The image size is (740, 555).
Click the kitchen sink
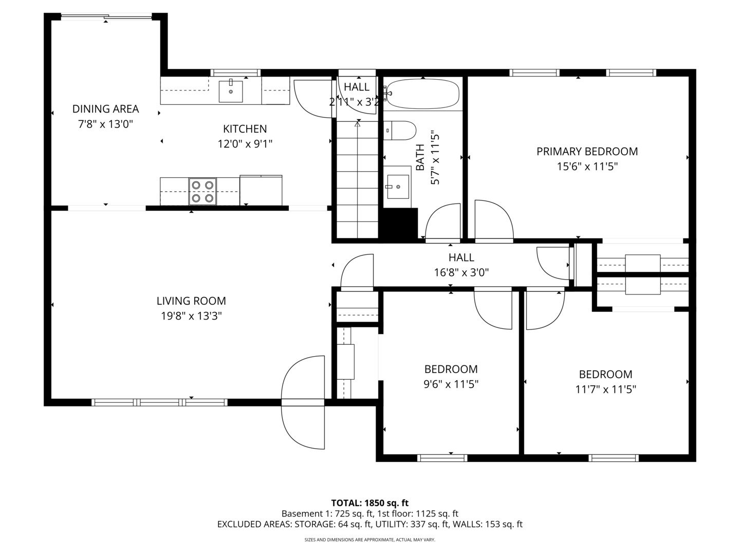tap(231, 91)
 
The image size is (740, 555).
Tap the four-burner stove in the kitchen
tap(202, 191)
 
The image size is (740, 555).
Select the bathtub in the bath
tap(423, 94)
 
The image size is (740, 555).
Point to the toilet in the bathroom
tap(401, 131)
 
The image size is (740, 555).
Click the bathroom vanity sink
tap(397, 187)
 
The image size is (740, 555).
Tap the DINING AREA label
tap(105, 109)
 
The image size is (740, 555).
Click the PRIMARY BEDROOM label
tap(587, 152)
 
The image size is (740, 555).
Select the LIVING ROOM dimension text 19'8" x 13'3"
tap(191, 316)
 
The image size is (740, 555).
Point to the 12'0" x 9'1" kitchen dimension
tap(245, 144)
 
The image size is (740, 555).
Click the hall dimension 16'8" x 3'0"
tap(461, 272)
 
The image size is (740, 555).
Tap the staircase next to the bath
tap(357, 180)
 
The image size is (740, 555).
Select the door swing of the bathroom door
tap(443, 222)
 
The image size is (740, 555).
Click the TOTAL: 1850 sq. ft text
tap(369, 503)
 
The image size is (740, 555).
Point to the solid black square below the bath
tap(398, 223)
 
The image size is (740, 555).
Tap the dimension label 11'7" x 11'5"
tap(605, 390)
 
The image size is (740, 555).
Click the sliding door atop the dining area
tap(107, 17)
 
